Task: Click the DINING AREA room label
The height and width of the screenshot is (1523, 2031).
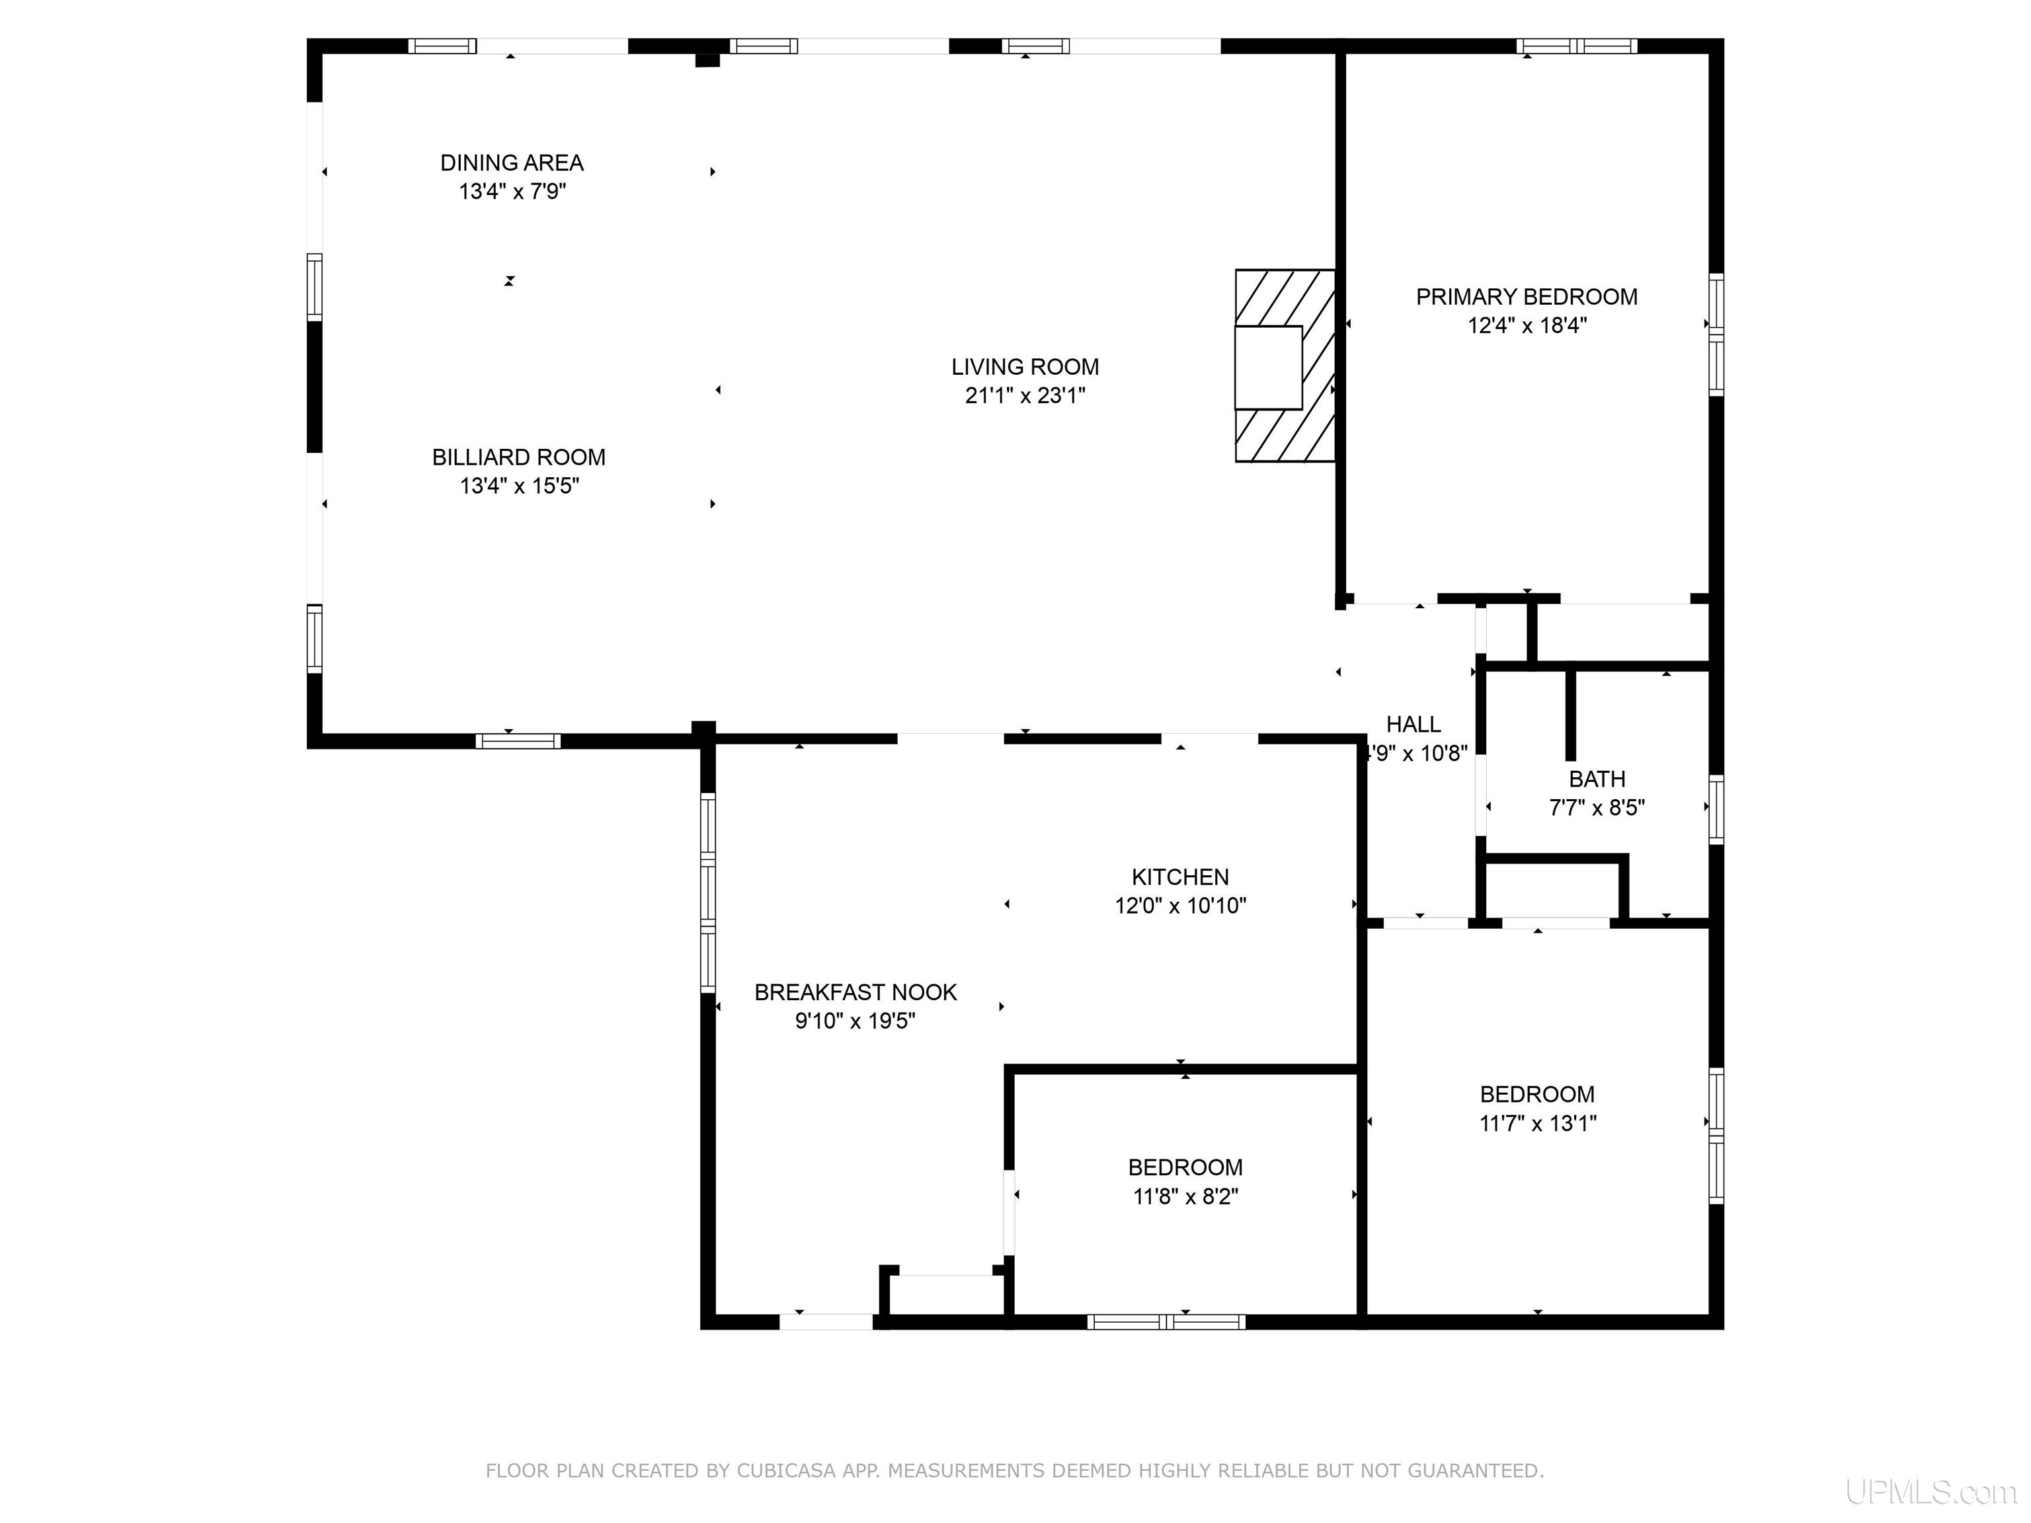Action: click(512, 163)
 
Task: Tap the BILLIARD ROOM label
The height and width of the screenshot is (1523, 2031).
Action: click(519, 457)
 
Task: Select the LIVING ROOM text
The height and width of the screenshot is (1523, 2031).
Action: click(1025, 368)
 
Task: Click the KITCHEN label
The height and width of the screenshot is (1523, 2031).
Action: click(1180, 877)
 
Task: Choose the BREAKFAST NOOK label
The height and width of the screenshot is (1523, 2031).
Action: click(856, 992)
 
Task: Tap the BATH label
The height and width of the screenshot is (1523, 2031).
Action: click(1597, 779)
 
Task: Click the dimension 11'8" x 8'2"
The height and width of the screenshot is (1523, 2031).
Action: click(1185, 1196)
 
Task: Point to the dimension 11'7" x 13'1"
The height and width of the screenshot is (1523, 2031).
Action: click(1538, 1122)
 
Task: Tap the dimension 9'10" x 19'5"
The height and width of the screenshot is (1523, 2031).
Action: click(855, 1021)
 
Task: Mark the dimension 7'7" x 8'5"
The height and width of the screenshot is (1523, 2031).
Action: click(1597, 808)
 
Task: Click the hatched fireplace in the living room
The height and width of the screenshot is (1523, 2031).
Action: click(1285, 366)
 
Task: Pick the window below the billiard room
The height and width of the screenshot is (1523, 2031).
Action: click(518, 741)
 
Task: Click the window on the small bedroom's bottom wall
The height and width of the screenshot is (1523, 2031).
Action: click(1166, 1322)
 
